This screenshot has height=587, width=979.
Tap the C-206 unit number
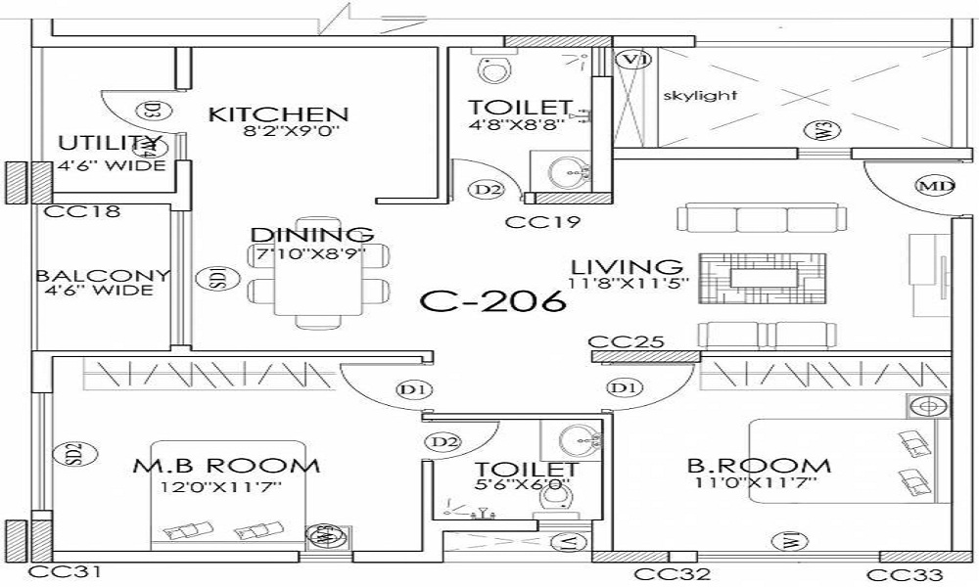point(493,299)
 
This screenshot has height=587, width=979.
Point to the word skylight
point(700,96)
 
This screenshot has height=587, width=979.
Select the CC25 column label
point(627,342)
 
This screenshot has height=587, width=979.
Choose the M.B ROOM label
point(226,466)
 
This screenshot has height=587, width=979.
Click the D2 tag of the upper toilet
point(486,189)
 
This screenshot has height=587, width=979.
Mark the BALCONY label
point(102,276)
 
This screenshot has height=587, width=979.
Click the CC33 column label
point(906,574)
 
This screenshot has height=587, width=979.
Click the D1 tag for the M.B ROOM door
point(415,389)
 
